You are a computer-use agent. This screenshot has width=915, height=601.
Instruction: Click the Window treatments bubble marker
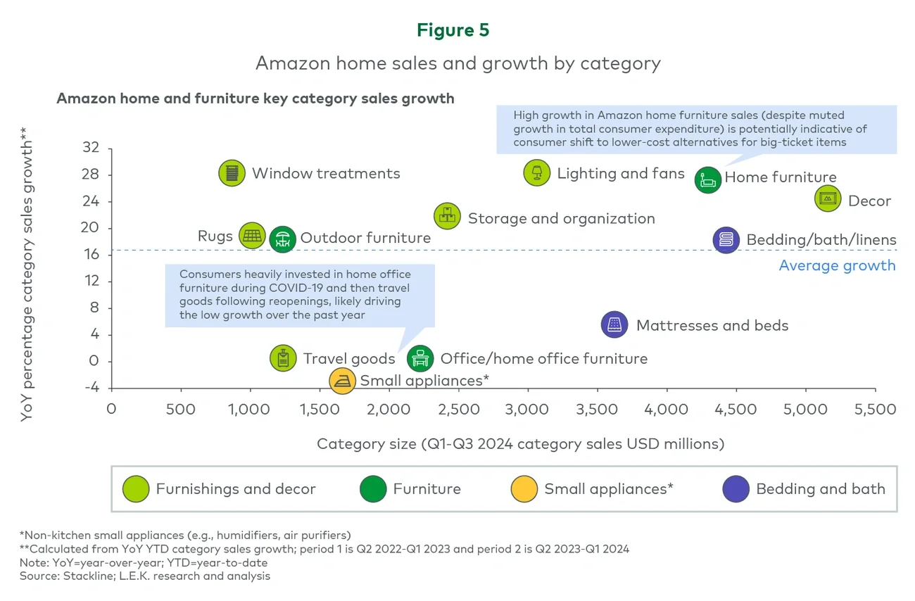pyautogui.click(x=232, y=173)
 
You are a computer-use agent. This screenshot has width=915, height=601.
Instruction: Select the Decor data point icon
pyautogui.click(x=828, y=198)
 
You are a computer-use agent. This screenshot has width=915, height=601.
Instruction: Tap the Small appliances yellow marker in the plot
pyautogui.click(x=342, y=381)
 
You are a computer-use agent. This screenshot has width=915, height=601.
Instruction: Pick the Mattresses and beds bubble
pyautogui.click(x=614, y=324)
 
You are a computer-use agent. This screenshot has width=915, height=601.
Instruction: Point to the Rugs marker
pyautogui.click(x=252, y=236)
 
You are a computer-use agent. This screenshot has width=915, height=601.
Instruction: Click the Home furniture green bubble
pyautogui.click(x=708, y=179)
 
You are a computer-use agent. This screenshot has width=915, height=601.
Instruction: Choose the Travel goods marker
pyautogui.click(x=283, y=358)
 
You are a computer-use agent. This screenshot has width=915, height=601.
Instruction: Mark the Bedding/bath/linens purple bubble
pyautogui.click(x=726, y=240)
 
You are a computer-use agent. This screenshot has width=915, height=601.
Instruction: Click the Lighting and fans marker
pyautogui.click(x=537, y=172)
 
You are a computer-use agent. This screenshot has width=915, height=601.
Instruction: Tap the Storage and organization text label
pyautogui.click(x=561, y=219)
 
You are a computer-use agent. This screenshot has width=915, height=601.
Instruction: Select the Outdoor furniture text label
pyautogui.click(x=365, y=238)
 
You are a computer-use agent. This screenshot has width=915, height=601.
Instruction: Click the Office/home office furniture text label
pyautogui.click(x=543, y=359)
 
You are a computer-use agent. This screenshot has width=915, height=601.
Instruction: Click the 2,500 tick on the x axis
pyautogui.click(x=458, y=410)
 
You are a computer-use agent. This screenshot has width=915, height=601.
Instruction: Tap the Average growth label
pyautogui.click(x=837, y=265)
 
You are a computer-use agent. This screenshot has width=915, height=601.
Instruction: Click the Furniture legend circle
pyautogui.click(x=373, y=489)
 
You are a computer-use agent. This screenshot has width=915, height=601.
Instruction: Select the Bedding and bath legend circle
pyautogui.click(x=736, y=489)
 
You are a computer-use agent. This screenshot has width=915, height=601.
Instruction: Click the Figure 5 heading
pyautogui.click(x=453, y=30)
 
